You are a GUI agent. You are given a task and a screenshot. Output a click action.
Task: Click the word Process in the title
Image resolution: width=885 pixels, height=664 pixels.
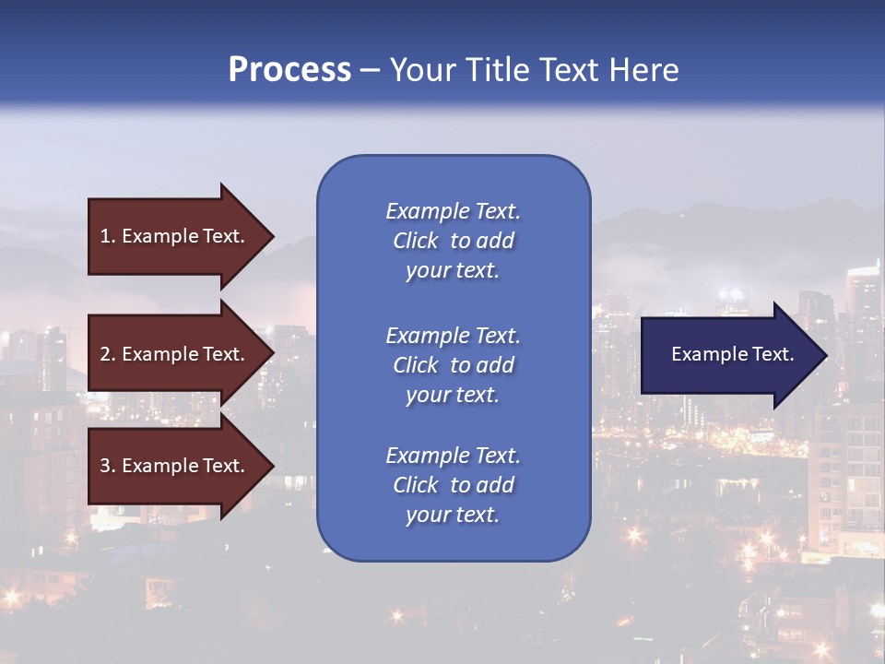[x=289, y=70]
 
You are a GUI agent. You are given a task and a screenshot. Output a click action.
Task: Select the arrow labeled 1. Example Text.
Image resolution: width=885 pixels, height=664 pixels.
[x=175, y=236]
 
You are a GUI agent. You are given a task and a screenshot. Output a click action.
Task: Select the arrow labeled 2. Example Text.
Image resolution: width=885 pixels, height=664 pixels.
[x=175, y=354]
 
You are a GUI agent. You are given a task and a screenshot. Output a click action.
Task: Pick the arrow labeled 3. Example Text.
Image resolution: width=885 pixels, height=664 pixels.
[x=175, y=466]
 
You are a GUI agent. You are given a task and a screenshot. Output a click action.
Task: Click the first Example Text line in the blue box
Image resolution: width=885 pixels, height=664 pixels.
[x=453, y=211]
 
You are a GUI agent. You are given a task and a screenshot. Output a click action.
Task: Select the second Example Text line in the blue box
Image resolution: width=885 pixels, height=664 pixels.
[x=453, y=336]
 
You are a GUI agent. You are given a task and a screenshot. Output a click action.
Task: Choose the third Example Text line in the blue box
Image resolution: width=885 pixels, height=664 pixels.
[x=453, y=456]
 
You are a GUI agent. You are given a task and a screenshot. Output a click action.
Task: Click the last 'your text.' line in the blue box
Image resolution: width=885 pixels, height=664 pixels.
[x=453, y=515]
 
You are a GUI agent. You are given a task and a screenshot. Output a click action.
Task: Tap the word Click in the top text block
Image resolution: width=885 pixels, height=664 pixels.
[x=416, y=241]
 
